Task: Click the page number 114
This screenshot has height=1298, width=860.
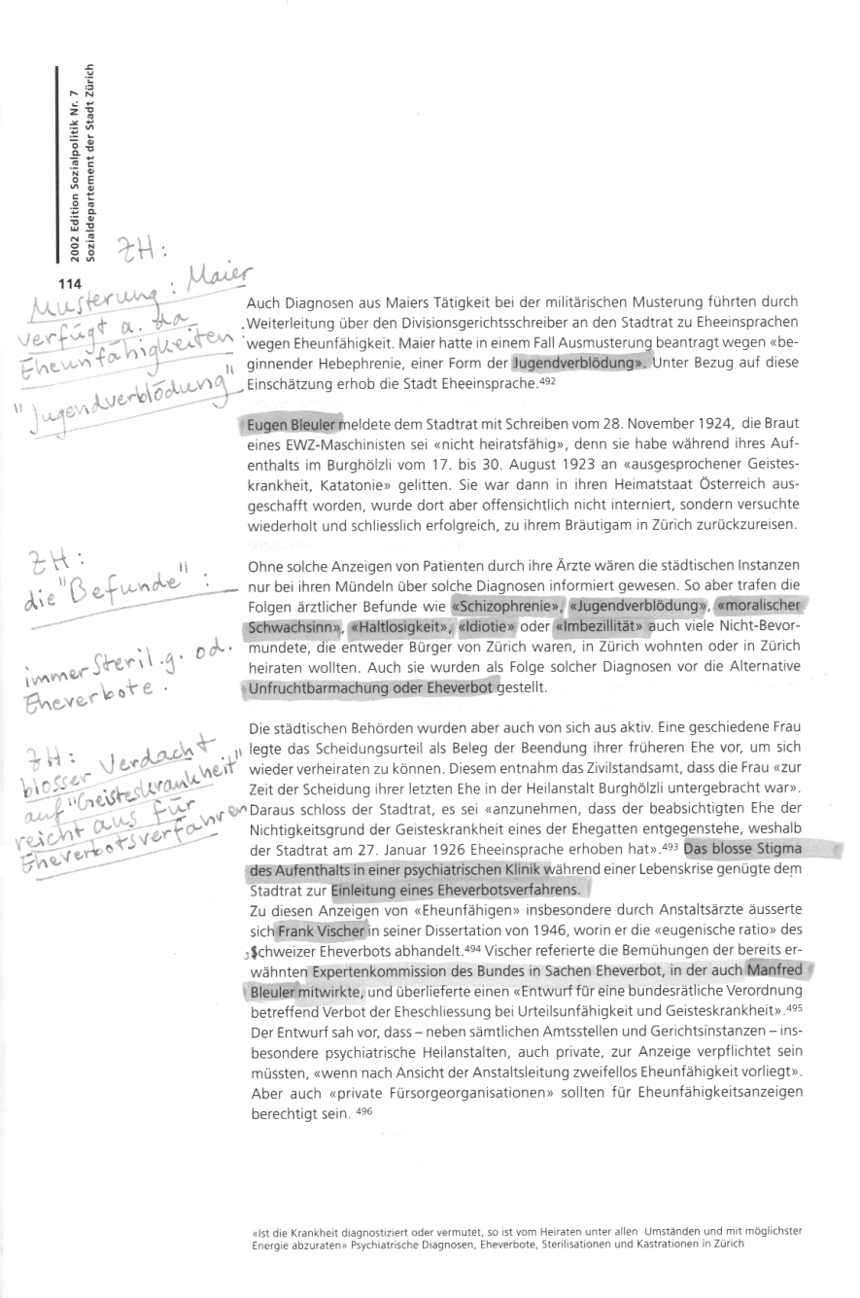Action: (x=69, y=284)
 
